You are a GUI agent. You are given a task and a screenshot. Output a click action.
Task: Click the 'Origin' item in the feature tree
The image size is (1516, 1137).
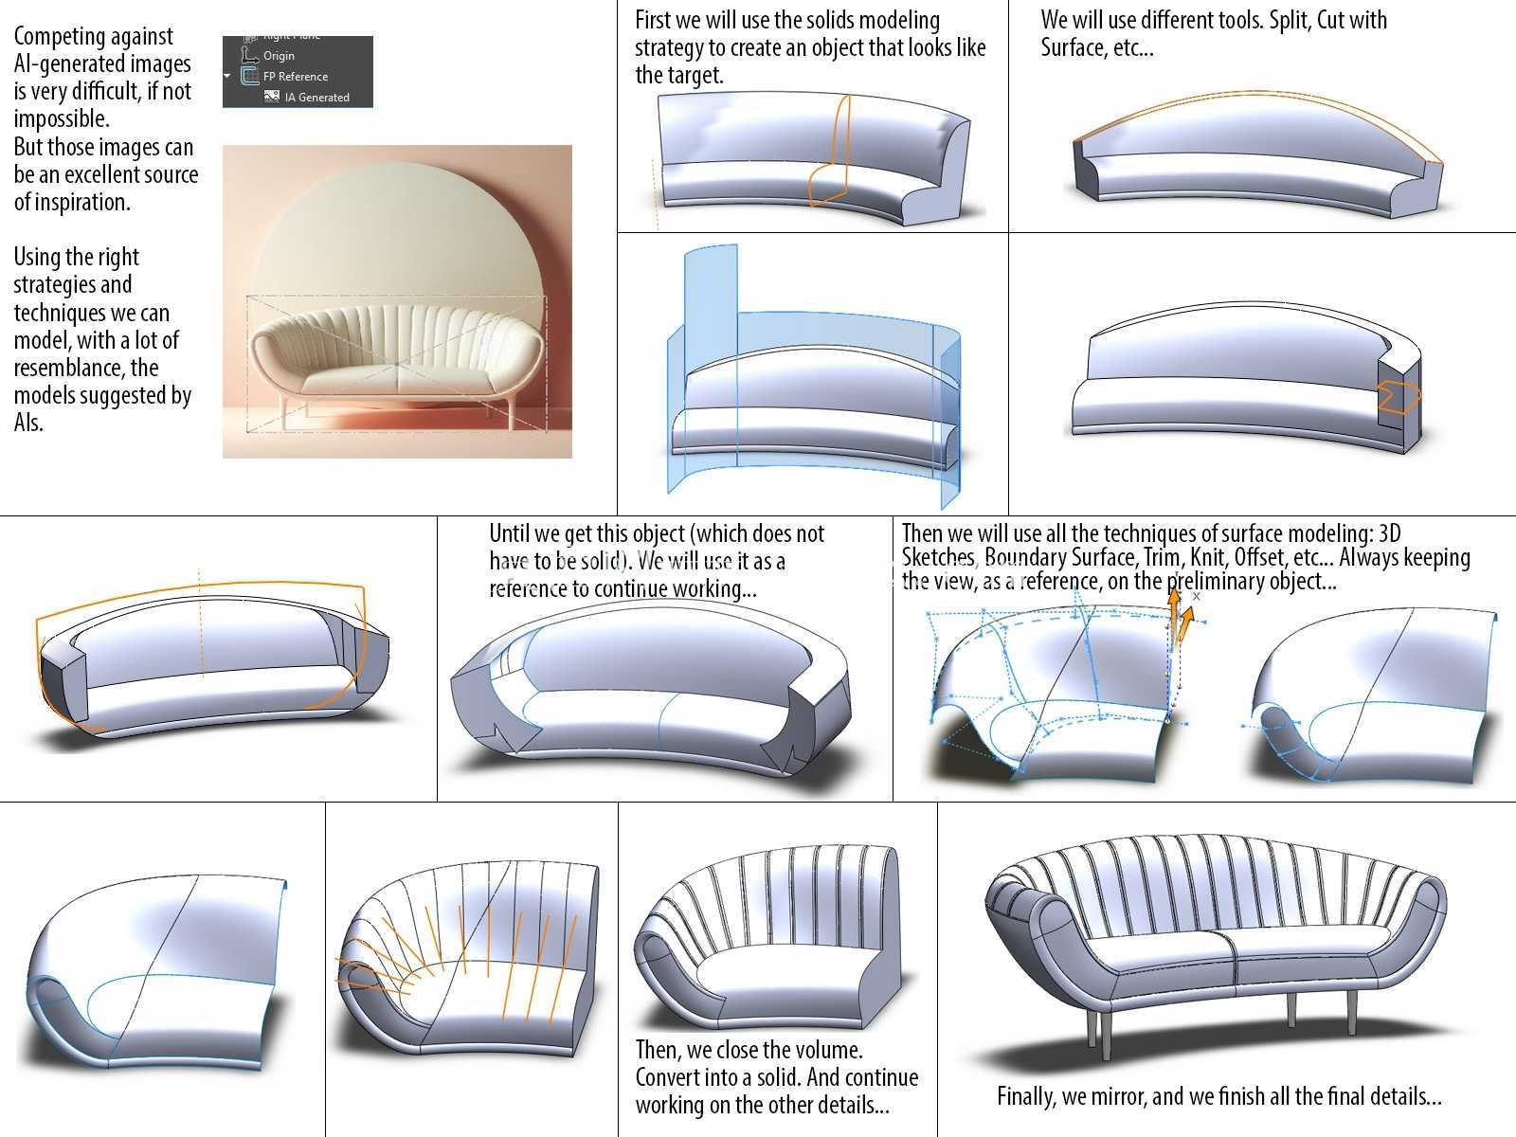coord(279,56)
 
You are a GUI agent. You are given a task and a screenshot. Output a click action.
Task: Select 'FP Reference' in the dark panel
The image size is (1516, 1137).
coord(295,77)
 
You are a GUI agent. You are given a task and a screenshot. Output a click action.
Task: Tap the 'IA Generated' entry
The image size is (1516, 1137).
coord(317,98)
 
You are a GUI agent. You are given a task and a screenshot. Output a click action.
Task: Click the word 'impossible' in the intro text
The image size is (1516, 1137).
coord(60,118)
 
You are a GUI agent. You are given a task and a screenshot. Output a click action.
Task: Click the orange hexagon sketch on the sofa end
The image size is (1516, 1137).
coord(1399,396)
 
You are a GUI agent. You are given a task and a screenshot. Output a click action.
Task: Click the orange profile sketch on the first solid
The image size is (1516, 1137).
coord(829,152)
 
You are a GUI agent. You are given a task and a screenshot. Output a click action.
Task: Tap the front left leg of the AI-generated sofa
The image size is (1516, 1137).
coord(284,411)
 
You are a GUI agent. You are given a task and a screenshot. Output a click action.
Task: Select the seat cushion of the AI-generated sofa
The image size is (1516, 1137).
coord(396,378)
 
